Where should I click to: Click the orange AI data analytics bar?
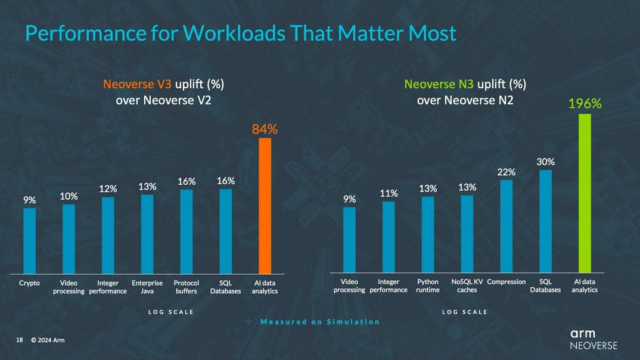click(265, 206)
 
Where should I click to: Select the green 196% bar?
click(585, 193)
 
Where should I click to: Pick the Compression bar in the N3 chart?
click(506, 226)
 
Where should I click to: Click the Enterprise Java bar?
click(147, 234)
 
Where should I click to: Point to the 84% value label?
click(265, 129)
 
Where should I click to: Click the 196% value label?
click(585, 104)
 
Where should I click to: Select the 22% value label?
click(507, 172)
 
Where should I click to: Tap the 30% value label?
click(546, 162)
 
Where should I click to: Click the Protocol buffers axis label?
click(186, 287)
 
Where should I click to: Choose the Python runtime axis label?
click(428, 285)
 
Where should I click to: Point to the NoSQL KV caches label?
click(467, 285)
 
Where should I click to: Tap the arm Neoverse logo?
click(593, 339)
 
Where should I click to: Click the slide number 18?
click(20, 340)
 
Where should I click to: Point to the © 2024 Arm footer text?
click(48, 340)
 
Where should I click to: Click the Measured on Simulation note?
click(319, 322)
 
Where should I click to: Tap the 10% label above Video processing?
click(69, 196)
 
